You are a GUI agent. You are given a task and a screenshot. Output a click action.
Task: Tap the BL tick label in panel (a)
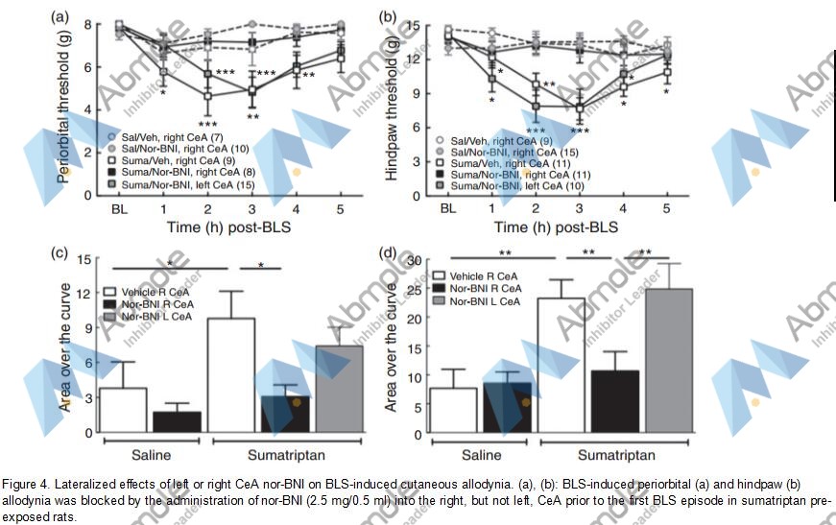119,208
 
